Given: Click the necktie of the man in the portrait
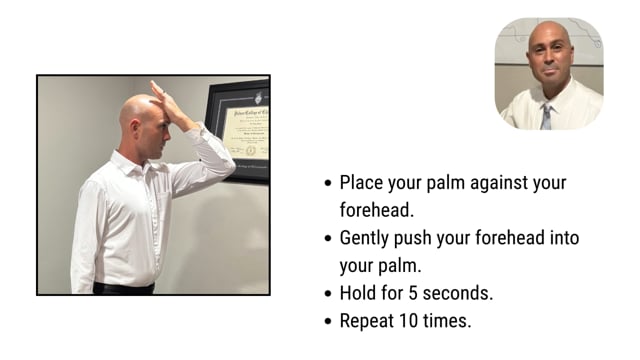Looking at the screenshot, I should tap(545, 117).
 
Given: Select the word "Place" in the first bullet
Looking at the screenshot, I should tap(362, 183).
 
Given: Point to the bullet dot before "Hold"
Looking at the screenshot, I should tap(328, 295).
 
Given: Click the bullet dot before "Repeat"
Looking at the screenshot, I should tap(328, 322).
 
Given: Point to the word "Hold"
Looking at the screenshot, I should tap(359, 294).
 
